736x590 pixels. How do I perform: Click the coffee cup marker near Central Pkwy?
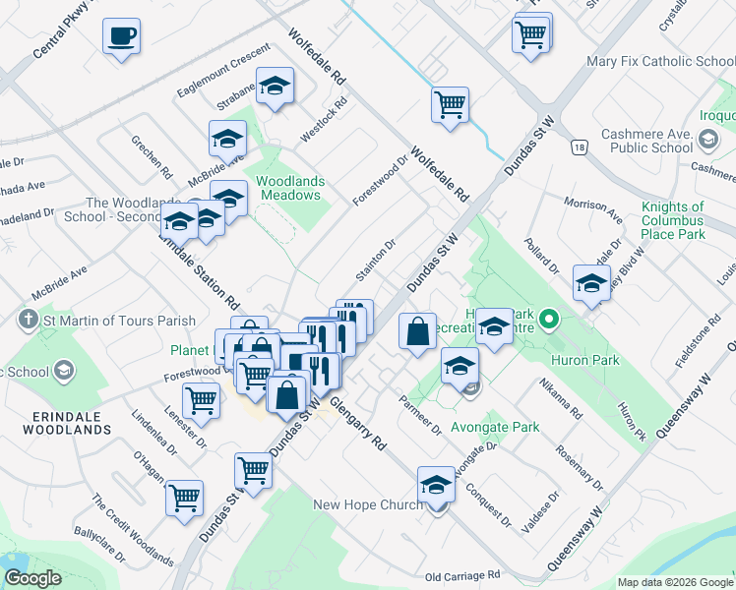click(x=121, y=37)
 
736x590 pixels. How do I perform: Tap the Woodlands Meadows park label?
click(x=288, y=188)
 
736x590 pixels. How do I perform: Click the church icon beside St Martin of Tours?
click(x=28, y=320)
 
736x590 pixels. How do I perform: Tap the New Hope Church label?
click(x=368, y=504)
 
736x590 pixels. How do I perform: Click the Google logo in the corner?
click(x=32, y=578)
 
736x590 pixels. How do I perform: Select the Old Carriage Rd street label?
click(x=462, y=575)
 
